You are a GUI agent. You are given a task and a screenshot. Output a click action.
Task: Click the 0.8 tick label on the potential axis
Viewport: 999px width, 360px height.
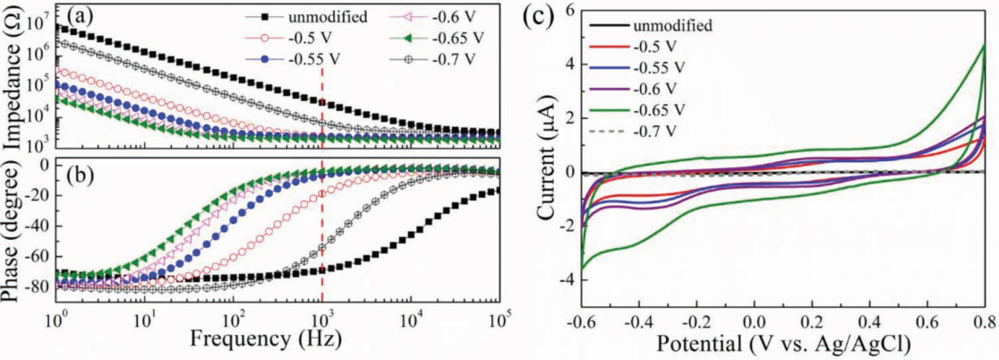984,320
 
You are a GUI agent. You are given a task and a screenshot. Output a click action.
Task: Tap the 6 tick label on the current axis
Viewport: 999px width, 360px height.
563,11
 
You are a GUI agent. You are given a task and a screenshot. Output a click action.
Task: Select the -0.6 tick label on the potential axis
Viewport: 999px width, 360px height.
582,320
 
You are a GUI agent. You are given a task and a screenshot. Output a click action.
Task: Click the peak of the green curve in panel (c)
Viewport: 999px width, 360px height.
984,46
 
